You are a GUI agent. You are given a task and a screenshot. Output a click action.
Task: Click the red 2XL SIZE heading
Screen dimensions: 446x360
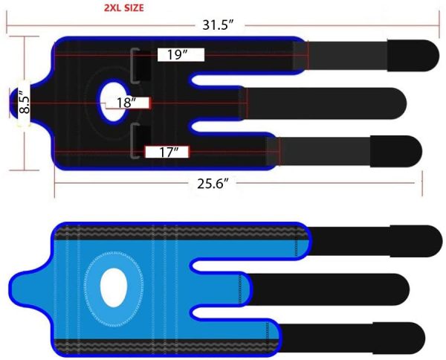(x=123, y=7)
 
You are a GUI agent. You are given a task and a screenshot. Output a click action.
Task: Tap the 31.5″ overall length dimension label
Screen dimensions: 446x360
(x=218, y=25)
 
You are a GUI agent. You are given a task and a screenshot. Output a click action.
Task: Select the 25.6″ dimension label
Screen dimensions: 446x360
(x=213, y=184)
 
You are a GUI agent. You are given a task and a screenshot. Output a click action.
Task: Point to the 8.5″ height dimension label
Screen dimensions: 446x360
(x=25, y=102)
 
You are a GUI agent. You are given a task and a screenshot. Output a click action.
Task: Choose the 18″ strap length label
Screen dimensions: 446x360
(x=127, y=103)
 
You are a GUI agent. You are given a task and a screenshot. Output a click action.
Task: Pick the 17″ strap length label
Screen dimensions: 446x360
(x=169, y=152)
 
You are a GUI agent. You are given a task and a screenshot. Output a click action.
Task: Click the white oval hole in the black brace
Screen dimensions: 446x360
(x=114, y=102)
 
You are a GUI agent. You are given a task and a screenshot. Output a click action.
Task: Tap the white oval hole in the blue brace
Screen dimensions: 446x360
(x=114, y=287)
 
